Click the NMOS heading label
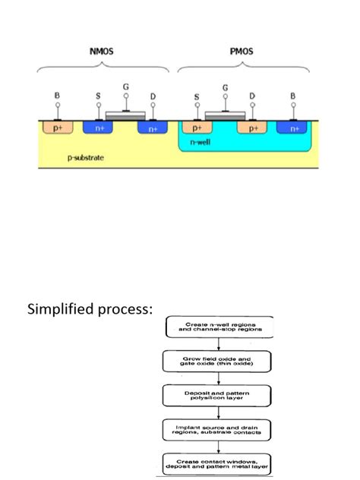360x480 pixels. [104, 52]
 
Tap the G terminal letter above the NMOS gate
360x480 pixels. [126, 87]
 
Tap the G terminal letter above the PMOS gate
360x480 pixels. [225, 87]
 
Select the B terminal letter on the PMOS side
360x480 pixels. [293, 96]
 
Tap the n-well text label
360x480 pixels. [199, 144]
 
